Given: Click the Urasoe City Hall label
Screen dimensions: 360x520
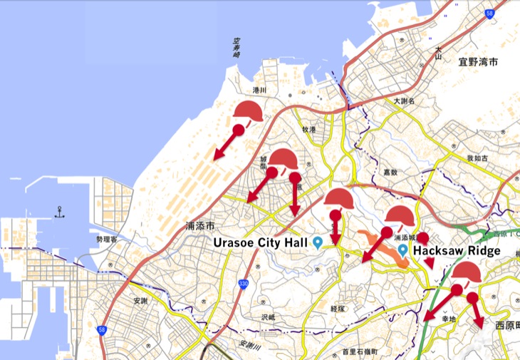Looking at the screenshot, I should point(262,242).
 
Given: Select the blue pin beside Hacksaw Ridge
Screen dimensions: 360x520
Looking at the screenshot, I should point(403,250).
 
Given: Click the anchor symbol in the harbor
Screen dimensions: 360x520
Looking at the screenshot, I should point(60,212).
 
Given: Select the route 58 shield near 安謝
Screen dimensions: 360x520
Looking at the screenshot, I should point(102,330).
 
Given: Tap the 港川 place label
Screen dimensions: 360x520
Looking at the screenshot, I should point(259,91).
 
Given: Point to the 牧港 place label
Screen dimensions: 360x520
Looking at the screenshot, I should point(308,129).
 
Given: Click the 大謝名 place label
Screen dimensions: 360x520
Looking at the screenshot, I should point(404,101).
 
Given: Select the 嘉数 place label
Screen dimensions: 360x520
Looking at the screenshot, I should point(389,172).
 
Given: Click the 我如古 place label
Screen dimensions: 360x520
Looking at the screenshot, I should point(477,157).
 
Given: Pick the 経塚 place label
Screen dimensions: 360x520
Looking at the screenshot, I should point(338,309).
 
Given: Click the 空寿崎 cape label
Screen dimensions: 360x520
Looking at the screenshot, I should point(236,48).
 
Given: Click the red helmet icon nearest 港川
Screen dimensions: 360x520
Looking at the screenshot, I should point(249,111).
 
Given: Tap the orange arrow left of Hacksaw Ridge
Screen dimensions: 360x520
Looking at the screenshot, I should point(376,247).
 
